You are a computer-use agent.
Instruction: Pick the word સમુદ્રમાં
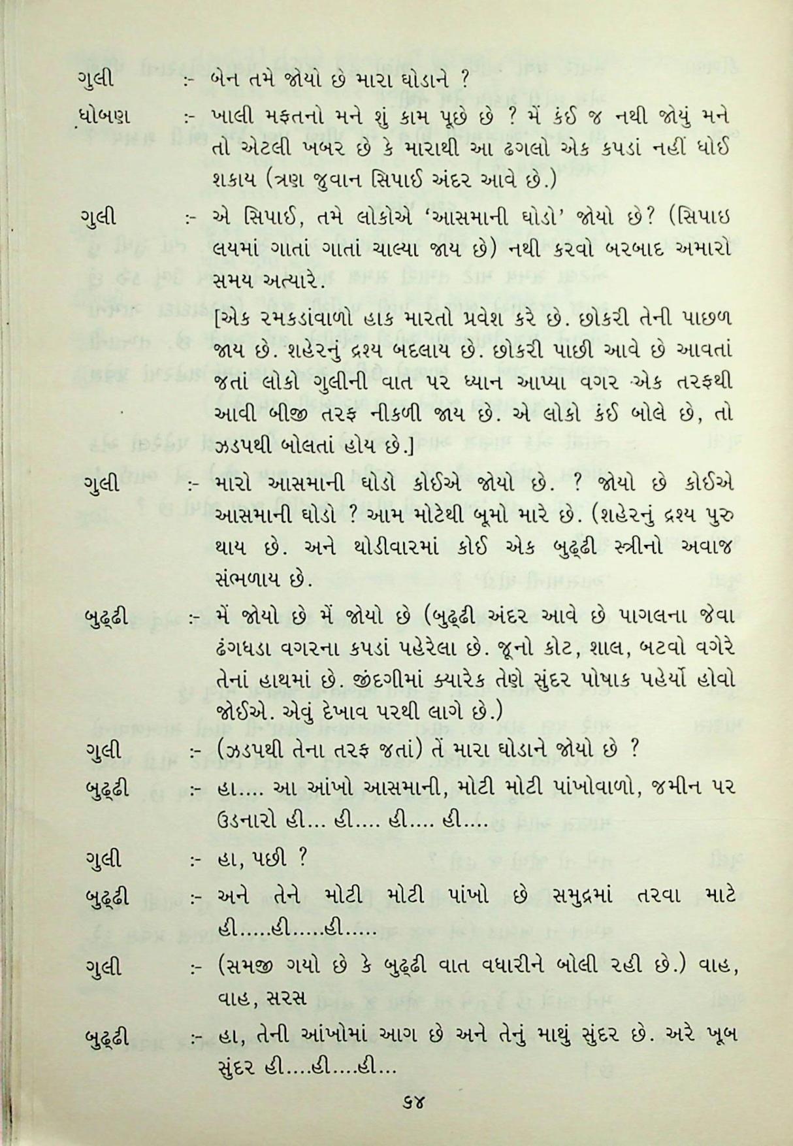[573, 896]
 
